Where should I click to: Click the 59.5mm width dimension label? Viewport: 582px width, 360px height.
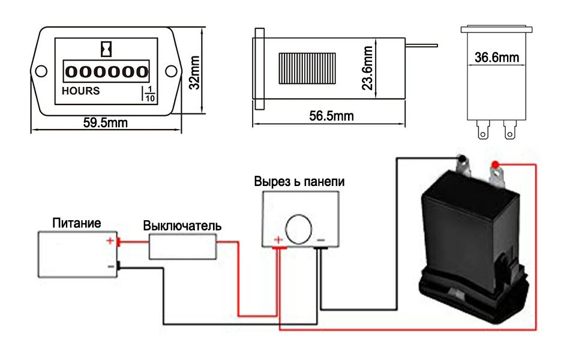pos(105,124)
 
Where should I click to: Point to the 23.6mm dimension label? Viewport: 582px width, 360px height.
pos(368,68)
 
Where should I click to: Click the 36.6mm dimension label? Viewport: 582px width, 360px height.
pos(496,58)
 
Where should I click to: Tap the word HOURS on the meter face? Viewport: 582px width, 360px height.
pos(81,91)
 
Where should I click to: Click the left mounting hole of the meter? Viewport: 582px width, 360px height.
pos(41,71)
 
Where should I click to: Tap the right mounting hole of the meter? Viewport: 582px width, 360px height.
pos(171,71)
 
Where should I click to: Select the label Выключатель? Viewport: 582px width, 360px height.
pos(182,226)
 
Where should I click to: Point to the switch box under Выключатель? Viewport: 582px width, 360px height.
pos(182,246)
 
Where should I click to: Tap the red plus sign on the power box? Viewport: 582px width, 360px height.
pos(110,241)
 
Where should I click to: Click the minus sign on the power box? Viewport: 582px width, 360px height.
pos(110,265)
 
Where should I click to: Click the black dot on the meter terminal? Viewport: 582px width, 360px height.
pos(463,159)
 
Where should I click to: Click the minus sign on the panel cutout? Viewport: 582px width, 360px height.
pos(321,241)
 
